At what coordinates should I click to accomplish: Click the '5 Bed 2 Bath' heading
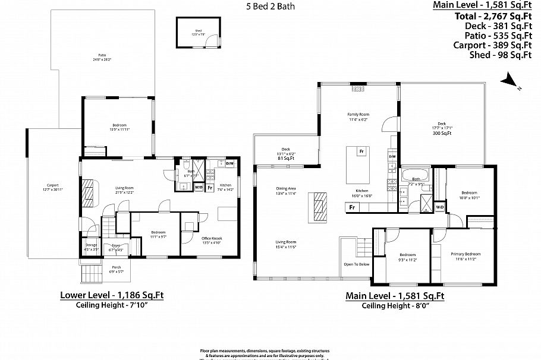pos(270,7)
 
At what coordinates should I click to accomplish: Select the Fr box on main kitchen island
pos(361,151)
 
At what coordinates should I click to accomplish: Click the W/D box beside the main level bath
pos(440,207)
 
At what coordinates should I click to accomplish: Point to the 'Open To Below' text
pos(356,264)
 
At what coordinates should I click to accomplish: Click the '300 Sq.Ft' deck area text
pos(442,133)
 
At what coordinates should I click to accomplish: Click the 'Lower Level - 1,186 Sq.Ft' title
pos(112,295)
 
